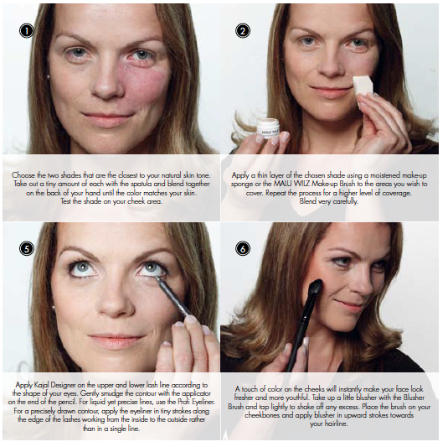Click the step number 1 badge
27,31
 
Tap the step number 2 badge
243,31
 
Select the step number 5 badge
27,248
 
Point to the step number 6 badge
243,248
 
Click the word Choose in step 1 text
23,175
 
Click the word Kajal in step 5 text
42,385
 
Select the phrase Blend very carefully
328,202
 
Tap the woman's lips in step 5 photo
116,340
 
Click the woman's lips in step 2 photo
331,91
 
